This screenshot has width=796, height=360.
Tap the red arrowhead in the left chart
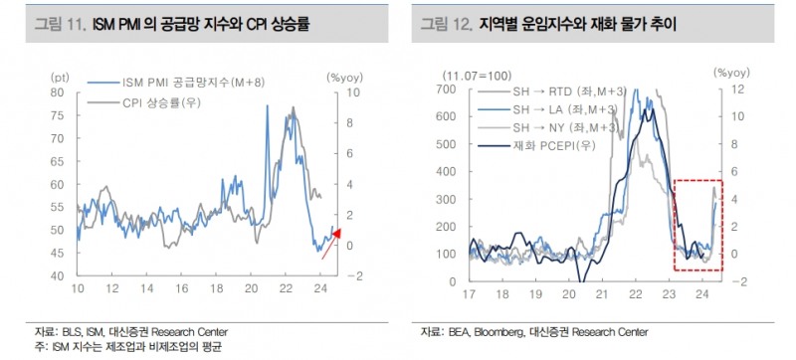(x=335, y=234)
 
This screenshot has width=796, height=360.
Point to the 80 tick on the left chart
(x=58, y=91)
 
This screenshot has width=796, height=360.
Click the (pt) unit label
(x=60, y=76)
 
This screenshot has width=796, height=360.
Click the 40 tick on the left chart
(x=58, y=275)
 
